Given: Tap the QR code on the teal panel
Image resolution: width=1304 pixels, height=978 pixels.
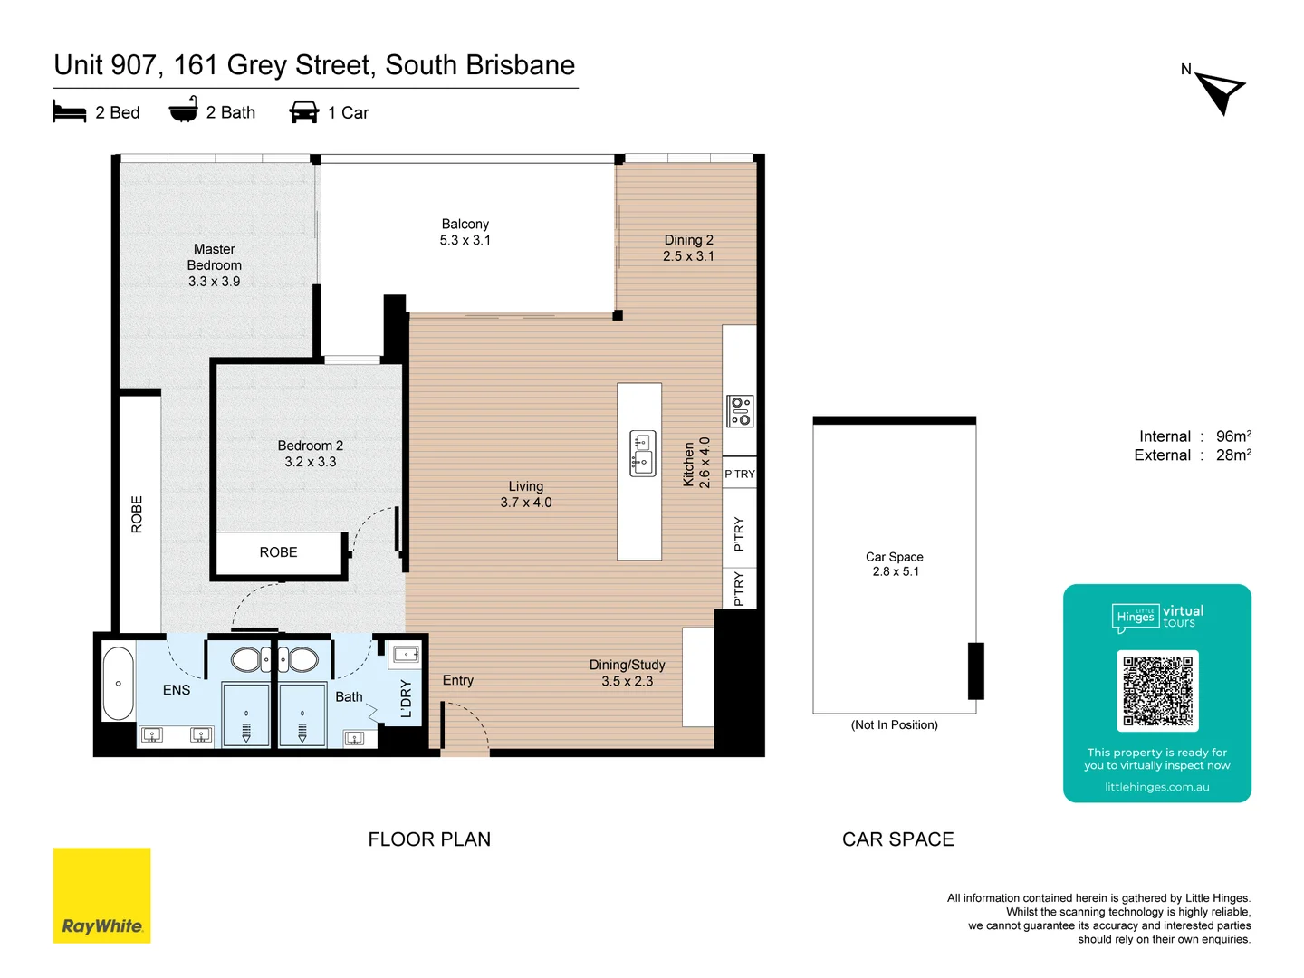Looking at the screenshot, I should (1157, 691).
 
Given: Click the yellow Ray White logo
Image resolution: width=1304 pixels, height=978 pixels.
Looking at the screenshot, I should (102, 896).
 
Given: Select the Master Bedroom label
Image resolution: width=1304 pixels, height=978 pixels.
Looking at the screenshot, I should (215, 264).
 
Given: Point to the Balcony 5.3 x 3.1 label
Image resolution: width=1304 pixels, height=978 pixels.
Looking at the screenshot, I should (465, 232).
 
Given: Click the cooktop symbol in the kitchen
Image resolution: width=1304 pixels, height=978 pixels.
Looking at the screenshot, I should (740, 411).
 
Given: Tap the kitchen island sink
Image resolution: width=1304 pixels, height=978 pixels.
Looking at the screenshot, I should (642, 454).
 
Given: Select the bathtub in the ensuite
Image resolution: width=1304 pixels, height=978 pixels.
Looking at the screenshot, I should (118, 684).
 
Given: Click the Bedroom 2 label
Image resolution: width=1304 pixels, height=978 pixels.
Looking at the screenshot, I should (310, 454).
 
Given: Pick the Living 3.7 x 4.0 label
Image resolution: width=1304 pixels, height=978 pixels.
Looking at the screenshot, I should (525, 494).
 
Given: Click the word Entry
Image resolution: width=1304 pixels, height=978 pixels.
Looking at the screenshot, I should (457, 680).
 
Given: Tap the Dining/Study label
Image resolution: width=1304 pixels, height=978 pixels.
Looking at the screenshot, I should (627, 673).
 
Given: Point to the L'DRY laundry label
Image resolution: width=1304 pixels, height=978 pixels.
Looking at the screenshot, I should (406, 698).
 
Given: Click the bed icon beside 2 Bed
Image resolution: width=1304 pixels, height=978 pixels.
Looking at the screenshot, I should (70, 112).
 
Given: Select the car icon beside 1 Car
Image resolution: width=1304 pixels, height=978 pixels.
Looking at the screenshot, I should (303, 112).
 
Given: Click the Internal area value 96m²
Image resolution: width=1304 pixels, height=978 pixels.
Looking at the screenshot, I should (1233, 436).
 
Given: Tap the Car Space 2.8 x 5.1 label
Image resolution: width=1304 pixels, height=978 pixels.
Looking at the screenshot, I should (895, 564).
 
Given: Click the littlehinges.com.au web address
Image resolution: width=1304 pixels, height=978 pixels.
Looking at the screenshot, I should (1156, 787).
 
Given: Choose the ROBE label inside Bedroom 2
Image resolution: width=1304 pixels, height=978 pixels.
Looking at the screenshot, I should (278, 552).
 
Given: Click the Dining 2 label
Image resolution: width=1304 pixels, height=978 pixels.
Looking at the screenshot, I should (688, 248).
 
